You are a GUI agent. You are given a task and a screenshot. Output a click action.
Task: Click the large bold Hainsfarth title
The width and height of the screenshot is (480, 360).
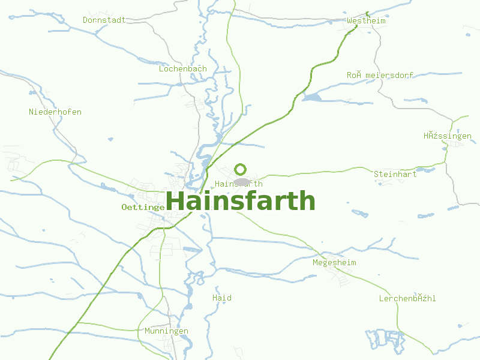[x=240, y=201]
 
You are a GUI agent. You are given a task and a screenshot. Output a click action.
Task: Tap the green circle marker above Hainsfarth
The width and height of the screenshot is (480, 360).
[x=241, y=169]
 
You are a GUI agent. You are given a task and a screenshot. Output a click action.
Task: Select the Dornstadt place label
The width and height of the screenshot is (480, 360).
[x=104, y=20]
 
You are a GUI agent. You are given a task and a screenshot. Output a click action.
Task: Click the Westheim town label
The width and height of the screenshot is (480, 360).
[x=366, y=21]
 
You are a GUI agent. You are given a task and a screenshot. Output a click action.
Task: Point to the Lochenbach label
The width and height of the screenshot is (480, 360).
[x=182, y=69]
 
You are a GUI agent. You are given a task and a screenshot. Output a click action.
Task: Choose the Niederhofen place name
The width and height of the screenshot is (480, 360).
[x=55, y=112]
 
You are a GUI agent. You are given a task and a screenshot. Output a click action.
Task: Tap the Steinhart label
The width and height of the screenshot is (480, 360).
[x=395, y=174]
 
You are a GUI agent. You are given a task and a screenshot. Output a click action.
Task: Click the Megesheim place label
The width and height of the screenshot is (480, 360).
[x=334, y=263]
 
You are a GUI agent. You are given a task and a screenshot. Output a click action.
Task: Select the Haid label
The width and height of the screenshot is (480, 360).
[x=222, y=298]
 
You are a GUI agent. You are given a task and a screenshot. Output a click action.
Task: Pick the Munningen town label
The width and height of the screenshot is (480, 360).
[x=166, y=331]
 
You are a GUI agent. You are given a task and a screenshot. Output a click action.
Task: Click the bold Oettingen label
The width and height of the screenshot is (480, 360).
[x=143, y=207]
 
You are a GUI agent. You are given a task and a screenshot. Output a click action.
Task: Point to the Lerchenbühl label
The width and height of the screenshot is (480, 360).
[x=407, y=298]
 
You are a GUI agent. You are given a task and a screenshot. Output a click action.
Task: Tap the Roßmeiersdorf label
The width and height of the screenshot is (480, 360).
[x=380, y=75]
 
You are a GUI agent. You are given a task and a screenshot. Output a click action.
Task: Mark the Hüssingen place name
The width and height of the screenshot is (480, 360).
[x=448, y=136]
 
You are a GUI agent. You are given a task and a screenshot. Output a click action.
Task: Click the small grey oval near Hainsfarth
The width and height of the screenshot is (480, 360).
[x=242, y=181]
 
